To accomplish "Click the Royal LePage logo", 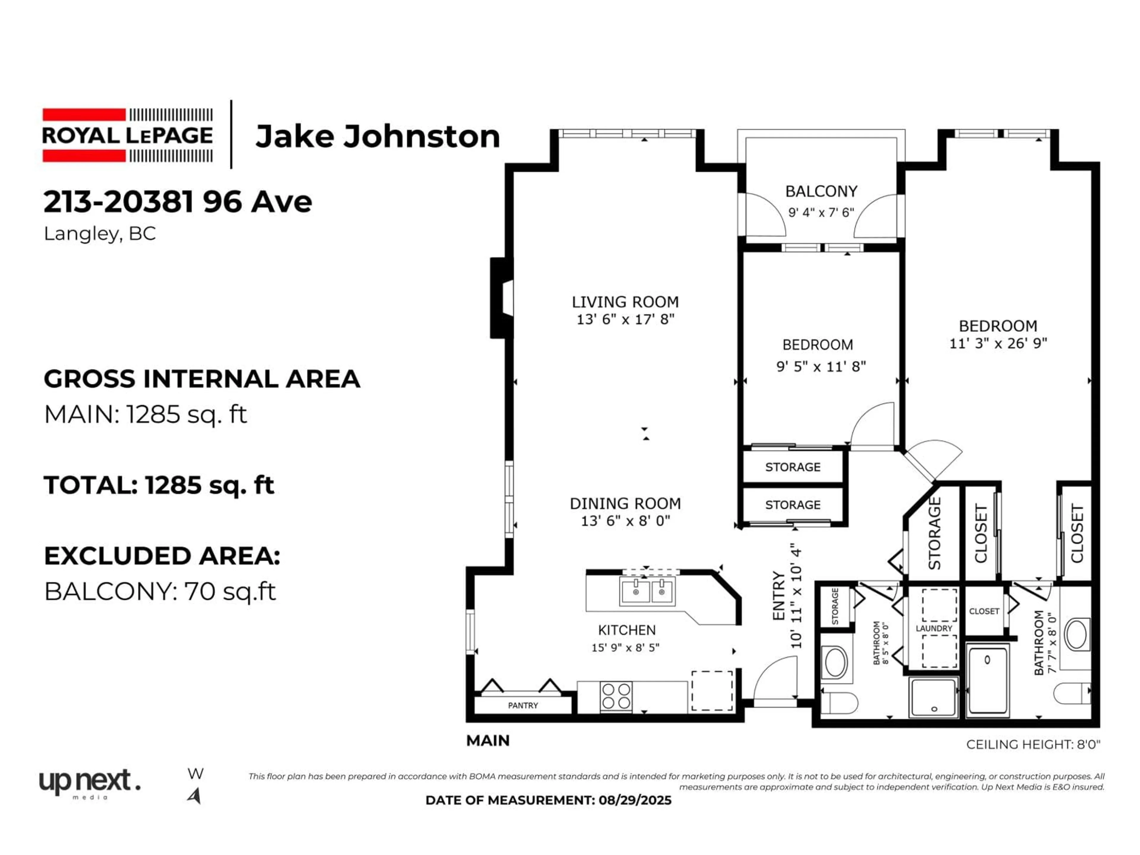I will pos(127,135).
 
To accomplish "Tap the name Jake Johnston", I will pos(378,137).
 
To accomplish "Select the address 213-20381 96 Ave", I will pos(178,202).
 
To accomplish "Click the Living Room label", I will pos(625,302).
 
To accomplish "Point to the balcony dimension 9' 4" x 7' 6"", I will pos(821,212).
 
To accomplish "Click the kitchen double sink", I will pos(647,591).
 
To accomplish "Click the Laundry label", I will pos(934,628).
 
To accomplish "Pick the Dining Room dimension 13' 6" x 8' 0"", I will pos(625,521).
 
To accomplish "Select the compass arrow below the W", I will pos(195,796).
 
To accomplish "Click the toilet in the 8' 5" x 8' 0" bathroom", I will pos(838,702).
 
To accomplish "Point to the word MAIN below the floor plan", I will pos(487,741).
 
